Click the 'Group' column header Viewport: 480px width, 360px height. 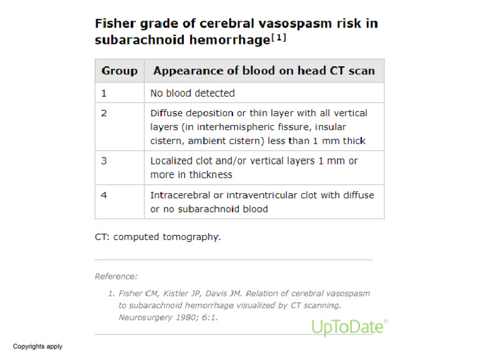point(119,71)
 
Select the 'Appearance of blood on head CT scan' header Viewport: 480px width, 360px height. point(264,71)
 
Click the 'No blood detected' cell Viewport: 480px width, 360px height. point(192,93)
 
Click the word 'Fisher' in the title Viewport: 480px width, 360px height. point(114,24)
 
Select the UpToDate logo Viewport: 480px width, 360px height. point(349,326)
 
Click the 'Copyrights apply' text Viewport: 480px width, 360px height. point(37,346)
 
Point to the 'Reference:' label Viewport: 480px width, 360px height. point(116,276)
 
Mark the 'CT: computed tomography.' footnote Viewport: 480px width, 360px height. point(157,237)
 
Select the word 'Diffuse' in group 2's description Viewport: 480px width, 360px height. point(166,113)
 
